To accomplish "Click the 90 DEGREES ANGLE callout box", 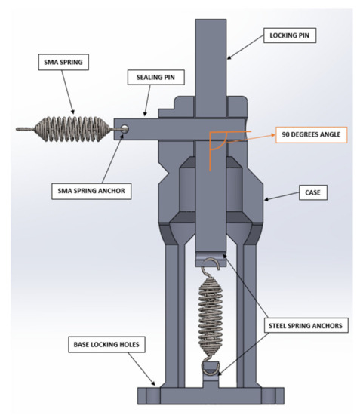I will pyautogui.click(x=310, y=136).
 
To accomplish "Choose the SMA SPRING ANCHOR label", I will pyautogui.click(x=91, y=192).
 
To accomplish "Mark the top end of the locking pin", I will pyautogui.click(x=211, y=23).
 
